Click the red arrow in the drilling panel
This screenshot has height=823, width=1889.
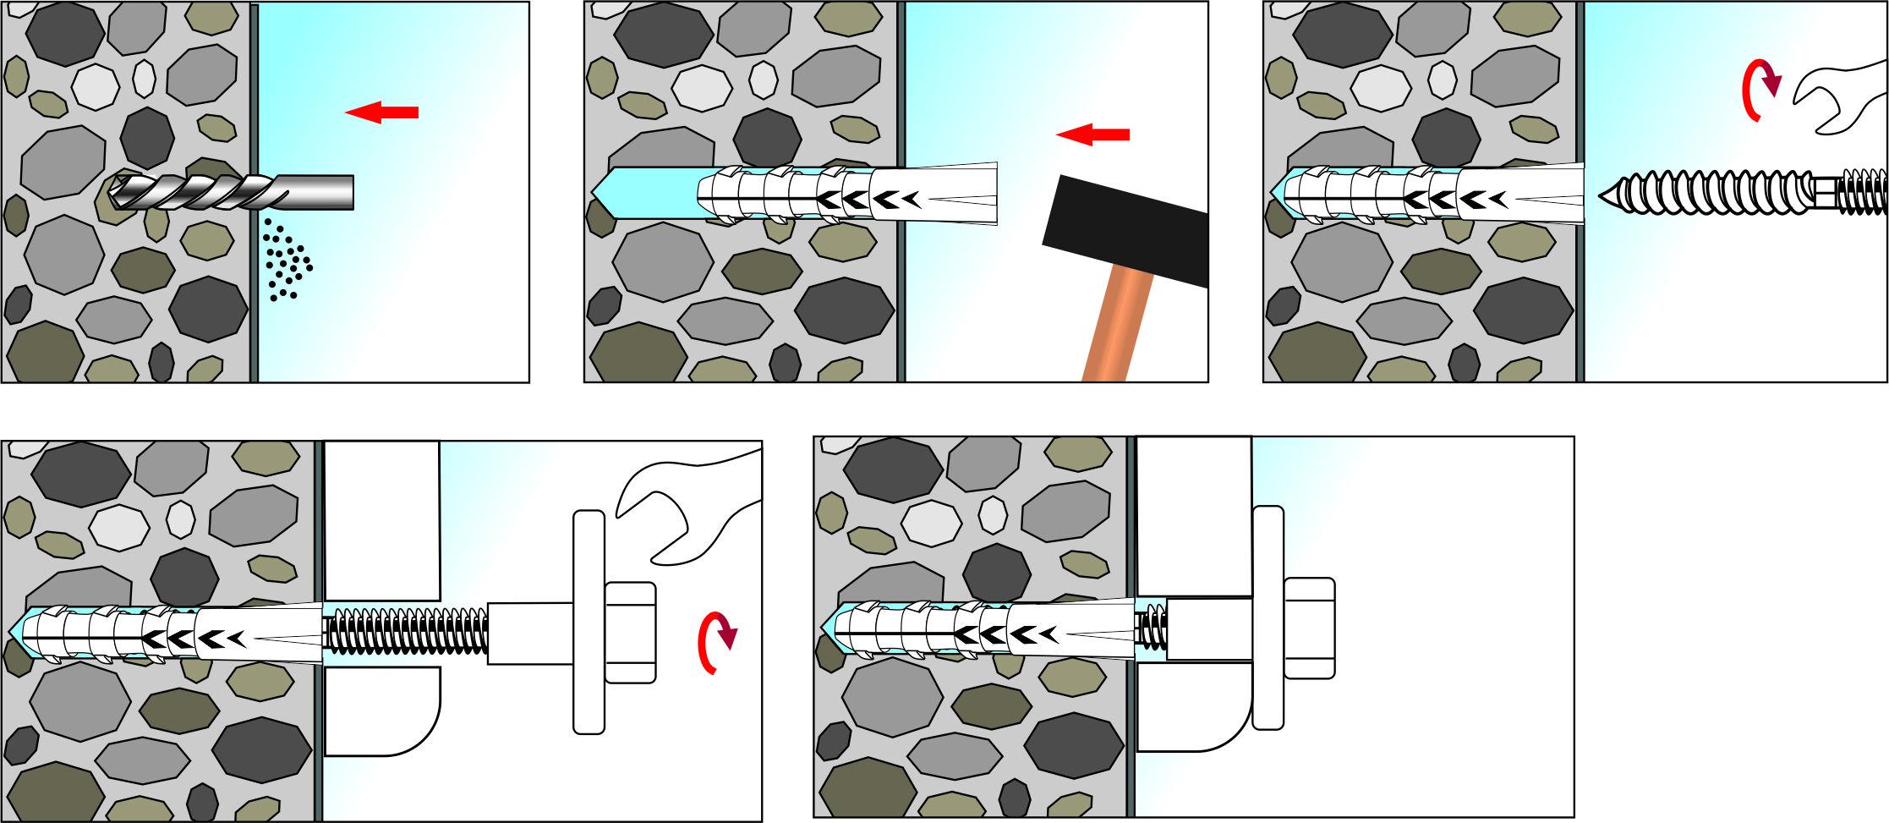(x=382, y=112)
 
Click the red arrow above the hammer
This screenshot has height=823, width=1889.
(x=1092, y=134)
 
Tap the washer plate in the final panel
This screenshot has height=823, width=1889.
(x=1268, y=617)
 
